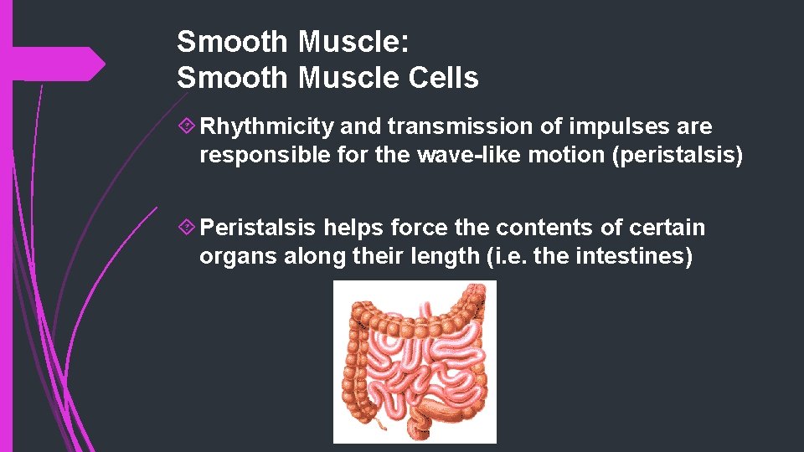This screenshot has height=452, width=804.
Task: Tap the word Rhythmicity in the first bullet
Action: coord(268,126)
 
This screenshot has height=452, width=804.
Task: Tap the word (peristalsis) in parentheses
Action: coord(678,156)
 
